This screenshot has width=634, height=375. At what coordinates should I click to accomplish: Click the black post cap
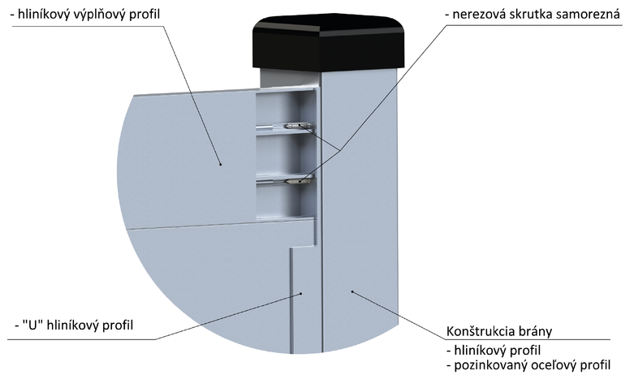pos(329,41)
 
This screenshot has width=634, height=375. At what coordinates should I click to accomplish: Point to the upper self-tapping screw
pos(299,126)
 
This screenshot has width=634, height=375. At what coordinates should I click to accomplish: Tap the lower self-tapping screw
pos(300,181)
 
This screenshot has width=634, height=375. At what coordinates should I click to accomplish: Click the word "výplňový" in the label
pos(100,15)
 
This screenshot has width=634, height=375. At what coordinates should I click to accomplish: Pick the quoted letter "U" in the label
pos(33,325)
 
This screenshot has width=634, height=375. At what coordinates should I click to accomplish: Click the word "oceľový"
pos(555,365)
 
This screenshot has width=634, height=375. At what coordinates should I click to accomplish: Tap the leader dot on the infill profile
pos(220,164)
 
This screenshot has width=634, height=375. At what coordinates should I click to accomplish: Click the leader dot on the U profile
pos(301,294)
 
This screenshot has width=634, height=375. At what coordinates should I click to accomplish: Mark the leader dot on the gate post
pos(352,291)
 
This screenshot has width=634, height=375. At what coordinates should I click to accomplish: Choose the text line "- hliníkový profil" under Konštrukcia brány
pos(494,350)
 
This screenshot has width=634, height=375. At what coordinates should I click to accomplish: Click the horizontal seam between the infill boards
pos(221,225)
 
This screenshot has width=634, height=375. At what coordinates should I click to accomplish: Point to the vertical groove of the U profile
pos(291,300)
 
